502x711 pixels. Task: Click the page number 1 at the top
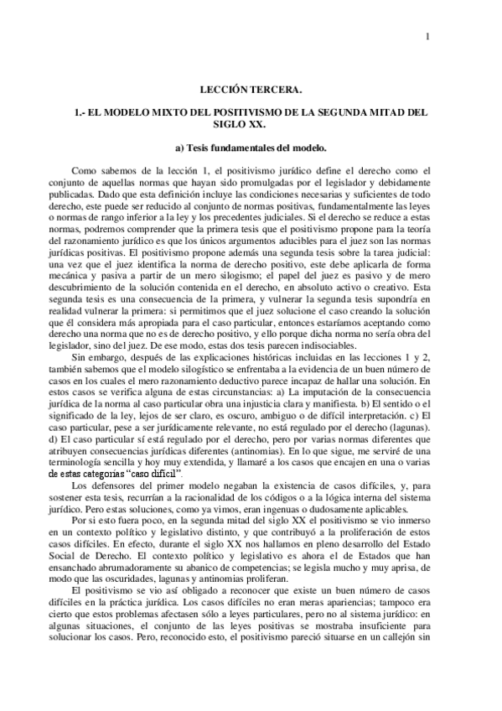pos(427,35)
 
